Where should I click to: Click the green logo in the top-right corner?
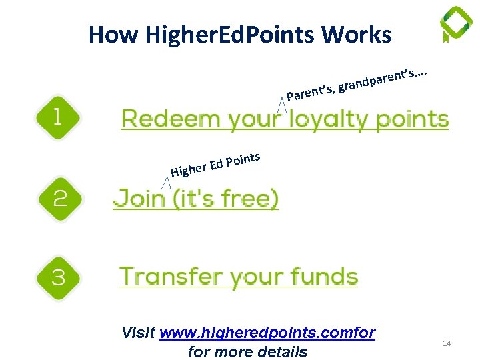456,24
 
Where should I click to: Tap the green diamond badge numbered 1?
57,118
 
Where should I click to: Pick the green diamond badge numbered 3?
59,277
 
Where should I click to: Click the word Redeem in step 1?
170,119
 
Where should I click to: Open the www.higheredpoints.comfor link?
267,332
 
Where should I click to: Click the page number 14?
447,343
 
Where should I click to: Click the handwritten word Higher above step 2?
187,169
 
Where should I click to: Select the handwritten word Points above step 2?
242,160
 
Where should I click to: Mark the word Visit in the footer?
139,332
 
